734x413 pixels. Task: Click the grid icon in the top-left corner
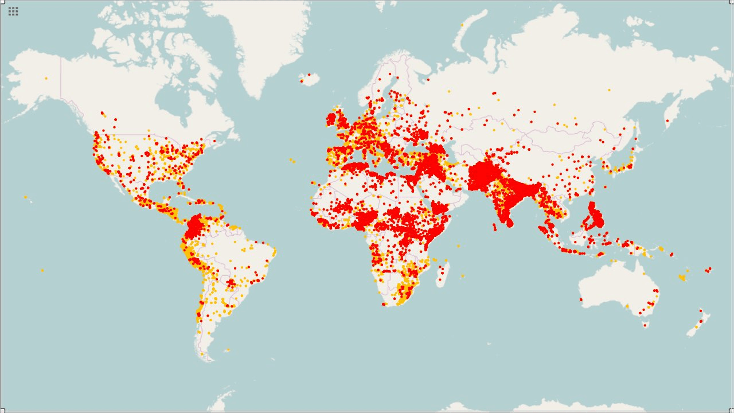13,11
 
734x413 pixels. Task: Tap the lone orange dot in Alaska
46,78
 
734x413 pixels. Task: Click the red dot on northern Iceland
309,74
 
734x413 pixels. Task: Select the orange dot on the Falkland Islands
228,349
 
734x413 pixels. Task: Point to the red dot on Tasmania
645,325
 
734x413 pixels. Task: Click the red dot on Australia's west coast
581,299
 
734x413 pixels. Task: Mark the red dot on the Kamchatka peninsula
666,120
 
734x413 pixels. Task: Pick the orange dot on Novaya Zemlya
462,25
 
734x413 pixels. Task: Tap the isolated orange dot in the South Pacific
42,270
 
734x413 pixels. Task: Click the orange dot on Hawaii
26,197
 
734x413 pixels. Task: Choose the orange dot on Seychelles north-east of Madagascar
458,246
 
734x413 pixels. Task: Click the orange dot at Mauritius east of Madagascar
462,276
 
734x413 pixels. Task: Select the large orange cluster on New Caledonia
682,278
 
